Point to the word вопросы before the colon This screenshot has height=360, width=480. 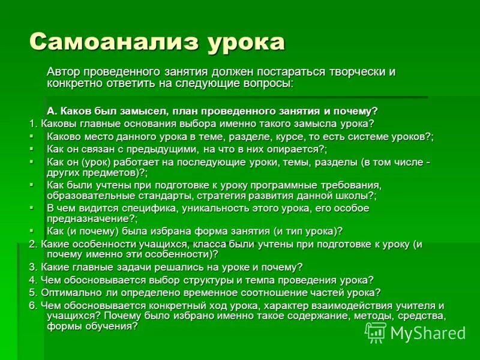point(267,83)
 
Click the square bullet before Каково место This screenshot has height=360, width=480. point(32,136)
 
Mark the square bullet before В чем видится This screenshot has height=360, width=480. point(32,208)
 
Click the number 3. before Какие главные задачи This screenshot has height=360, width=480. point(33,267)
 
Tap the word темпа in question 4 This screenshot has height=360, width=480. point(256,280)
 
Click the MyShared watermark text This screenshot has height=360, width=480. point(428,332)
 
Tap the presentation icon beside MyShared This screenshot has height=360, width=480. point(376,332)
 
